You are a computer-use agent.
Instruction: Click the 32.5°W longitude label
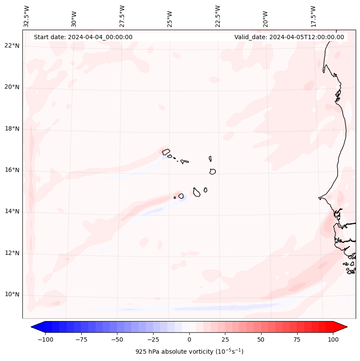pos(27,16)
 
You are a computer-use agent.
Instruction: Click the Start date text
pos(83,37)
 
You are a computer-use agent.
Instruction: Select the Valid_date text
pos(289,37)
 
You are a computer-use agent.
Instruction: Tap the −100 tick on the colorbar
pos(45,339)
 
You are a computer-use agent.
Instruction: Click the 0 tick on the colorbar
pos(189,339)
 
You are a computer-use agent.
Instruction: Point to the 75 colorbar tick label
pos(297,339)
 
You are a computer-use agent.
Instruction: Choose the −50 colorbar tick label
pos(117,339)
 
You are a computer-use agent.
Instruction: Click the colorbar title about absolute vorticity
pos(189,352)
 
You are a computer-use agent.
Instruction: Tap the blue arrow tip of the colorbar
pos(34,327)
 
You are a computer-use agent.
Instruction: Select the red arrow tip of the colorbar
pos(345,327)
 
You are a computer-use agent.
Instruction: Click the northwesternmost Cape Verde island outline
pos(166,151)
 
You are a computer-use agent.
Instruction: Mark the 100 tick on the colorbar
pos(333,339)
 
